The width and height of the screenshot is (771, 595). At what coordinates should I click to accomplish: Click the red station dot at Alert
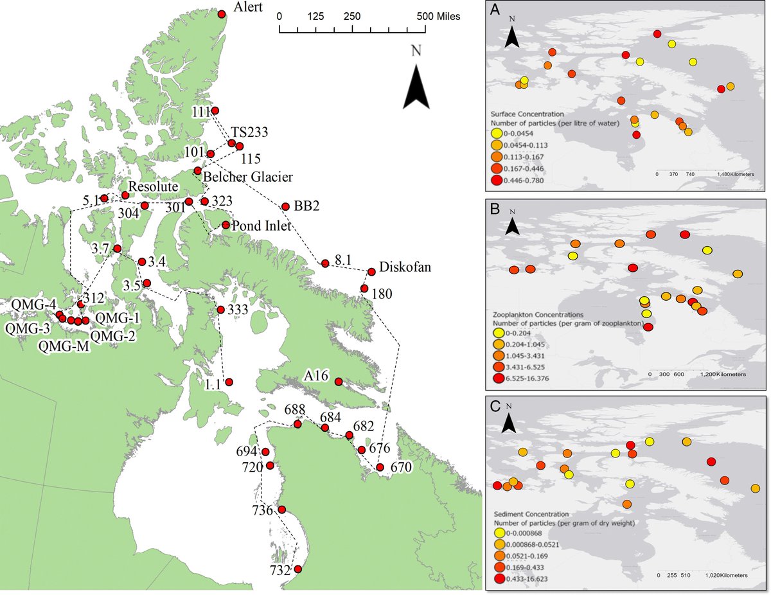pos(222,14)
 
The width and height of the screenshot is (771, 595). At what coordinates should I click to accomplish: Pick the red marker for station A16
pos(339,382)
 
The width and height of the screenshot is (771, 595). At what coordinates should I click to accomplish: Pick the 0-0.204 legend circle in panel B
pos(496,334)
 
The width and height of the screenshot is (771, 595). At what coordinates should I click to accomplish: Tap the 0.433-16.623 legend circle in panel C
pos(496,579)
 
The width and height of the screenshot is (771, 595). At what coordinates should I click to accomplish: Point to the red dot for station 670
pos(380,467)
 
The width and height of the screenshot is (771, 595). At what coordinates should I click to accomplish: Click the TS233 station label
pos(249,132)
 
